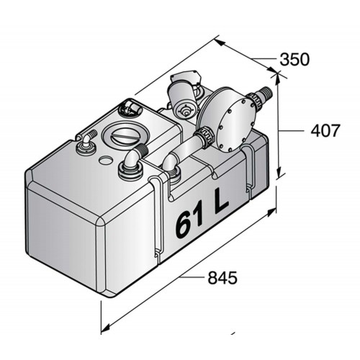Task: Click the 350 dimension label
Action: click(x=293, y=59)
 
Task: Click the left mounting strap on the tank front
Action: click(x=159, y=216)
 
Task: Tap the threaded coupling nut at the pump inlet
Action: click(x=204, y=137)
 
